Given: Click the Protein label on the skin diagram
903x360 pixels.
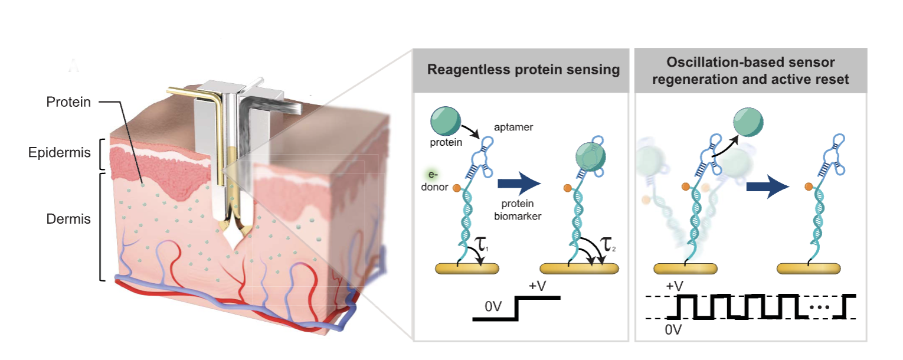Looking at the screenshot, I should [x=68, y=102].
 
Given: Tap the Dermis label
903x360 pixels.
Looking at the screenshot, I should [x=68, y=220].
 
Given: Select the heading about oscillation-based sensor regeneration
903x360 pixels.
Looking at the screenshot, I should [x=750, y=70].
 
